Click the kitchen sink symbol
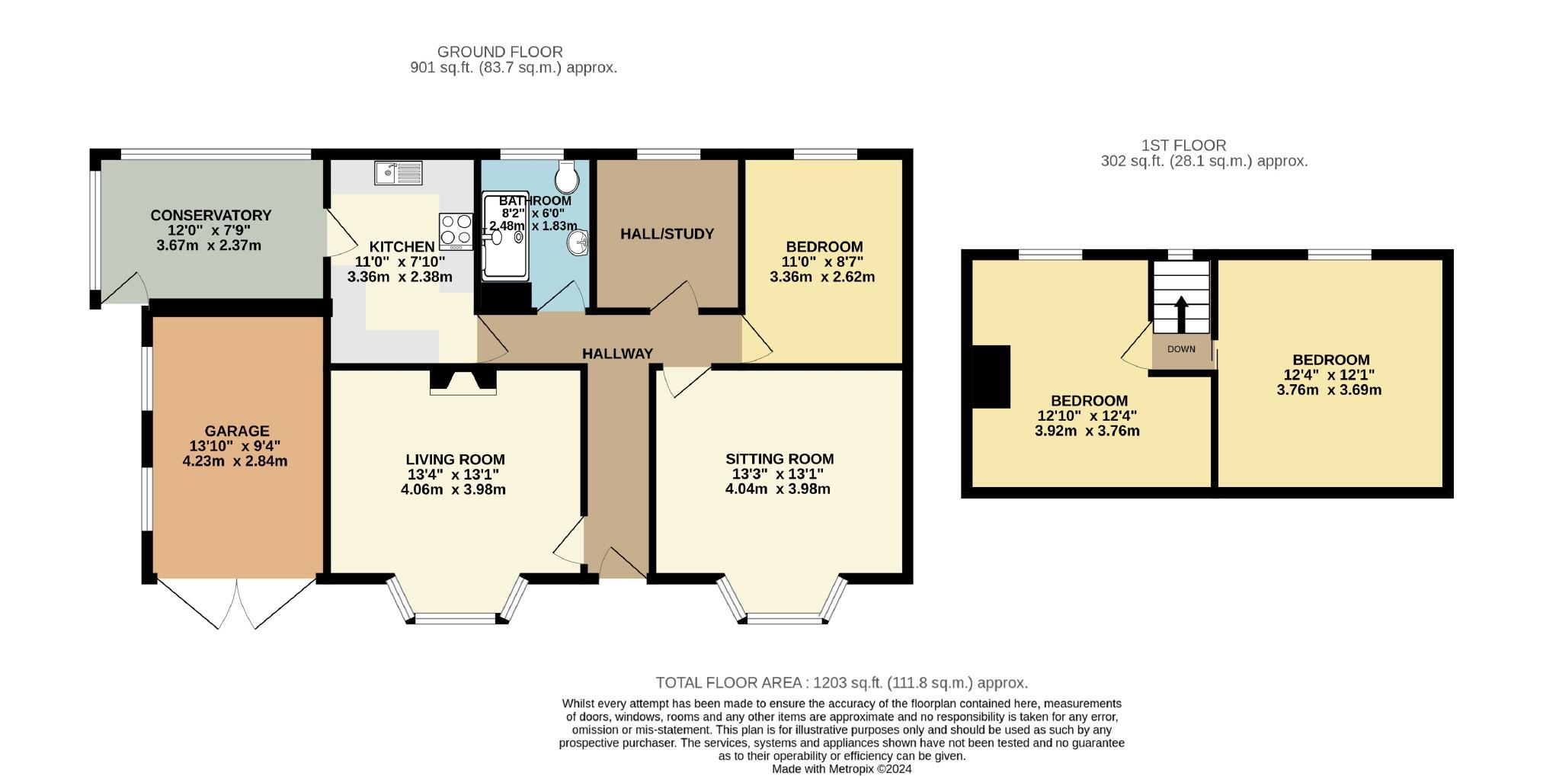click(x=399, y=173)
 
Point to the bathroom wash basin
click(x=578, y=243)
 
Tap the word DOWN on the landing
click(x=1181, y=349)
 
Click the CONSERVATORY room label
click(x=211, y=216)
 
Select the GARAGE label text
click(x=237, y=431)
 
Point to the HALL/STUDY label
click(x=667, y=234)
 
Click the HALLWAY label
click(x=617, y=354)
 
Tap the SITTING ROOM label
click(x=780, y=459)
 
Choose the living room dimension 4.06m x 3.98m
click(x=453, y=489)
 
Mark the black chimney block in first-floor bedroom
click(x=991, y=377)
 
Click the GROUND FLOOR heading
click(x=500, y=52)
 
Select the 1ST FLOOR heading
click(x=1183, y=145)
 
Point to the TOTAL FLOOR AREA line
click(x=842, y=683)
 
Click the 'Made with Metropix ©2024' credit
click(x=842, y=769)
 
